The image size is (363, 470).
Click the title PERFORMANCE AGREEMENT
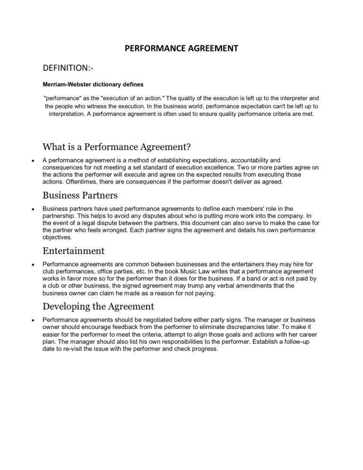181,48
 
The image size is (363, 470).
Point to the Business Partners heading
80,195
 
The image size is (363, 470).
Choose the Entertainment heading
73,250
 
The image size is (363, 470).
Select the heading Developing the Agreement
98,306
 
